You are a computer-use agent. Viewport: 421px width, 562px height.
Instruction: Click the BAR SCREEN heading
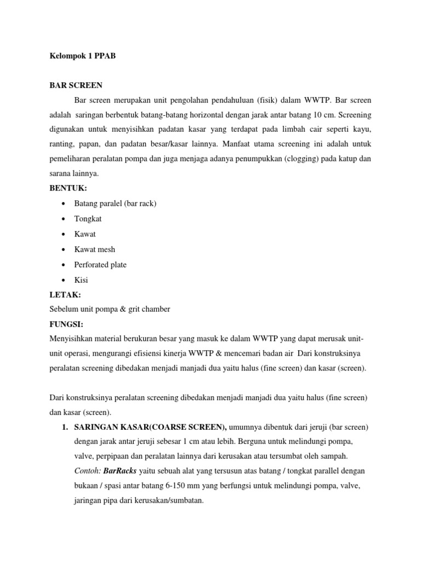[x=76, y=86]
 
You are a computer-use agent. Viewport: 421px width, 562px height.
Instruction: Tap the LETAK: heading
[x=66, y=295]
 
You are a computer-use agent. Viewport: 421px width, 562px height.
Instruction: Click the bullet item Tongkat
[x=88, y=218]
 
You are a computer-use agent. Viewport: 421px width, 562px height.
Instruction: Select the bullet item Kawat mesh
[x=95, y=249]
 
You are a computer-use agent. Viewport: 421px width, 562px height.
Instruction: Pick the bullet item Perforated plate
[x=100, y=265]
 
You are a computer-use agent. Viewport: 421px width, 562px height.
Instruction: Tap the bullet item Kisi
[x=81, y=280]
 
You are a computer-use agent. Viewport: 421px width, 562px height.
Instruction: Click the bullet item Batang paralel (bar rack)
[x=115, y=203]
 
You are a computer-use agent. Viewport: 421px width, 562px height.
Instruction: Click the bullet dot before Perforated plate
[x=65, y=265]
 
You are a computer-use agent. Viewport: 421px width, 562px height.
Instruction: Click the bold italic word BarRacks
[x=121, y=471]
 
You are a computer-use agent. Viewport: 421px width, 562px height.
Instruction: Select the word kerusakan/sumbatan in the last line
[x=169, y=500]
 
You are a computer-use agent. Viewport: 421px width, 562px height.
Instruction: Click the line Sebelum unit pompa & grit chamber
[x=110, y=310]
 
